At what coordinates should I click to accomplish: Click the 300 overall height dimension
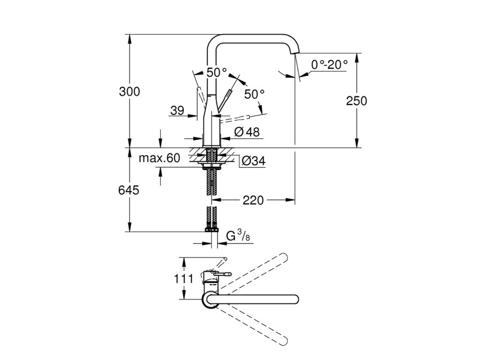[129, 92]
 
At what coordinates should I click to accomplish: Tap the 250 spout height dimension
[356, 100]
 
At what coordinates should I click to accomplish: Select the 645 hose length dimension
[129, 190]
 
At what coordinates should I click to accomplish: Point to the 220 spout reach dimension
[254, 200]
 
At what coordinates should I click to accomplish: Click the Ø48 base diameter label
[246, 132]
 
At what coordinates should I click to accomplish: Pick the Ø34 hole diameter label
[253, 161]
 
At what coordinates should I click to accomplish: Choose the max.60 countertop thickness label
[159, 158]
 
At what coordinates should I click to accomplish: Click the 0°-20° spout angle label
[330, 65]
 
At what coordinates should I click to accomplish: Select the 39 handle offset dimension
[177, 111]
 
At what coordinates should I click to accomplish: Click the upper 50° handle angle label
[216, 73]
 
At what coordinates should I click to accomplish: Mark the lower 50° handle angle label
[255, 94]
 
